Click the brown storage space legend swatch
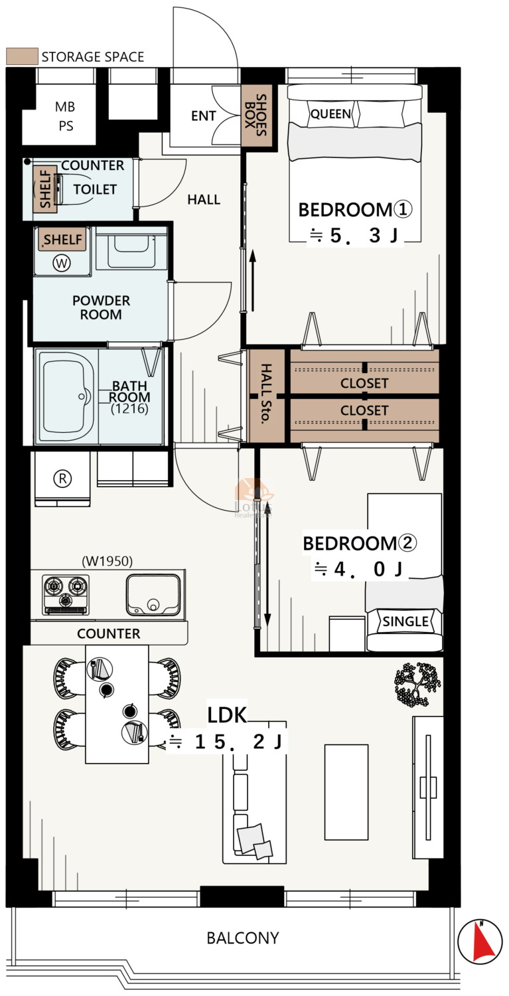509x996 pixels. click(x=22, y=56)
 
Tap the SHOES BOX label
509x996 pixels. click(x=256, y=115)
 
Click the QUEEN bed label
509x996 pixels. click(x=330, y=114)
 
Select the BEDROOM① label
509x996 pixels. click(x=355, y=209)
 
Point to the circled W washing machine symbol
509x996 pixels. click(x=62, y=263)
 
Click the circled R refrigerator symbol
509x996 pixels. click(x=62, y=479)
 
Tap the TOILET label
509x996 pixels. click(x=95, y=189)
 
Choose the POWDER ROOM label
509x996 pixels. click(x=101, y=307)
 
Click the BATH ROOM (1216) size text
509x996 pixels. click(x=129, y=408)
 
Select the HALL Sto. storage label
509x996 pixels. click(x=265, y=394)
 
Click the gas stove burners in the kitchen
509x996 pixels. click(x=66, y=595)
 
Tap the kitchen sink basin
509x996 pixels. click(x=153, y=595)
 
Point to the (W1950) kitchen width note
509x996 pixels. click(x=107, y=561)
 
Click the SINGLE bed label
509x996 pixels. click(x=405, y=621)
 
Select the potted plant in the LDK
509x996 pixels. click(x=417, y=685)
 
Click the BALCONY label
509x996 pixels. click(x=243, y=938)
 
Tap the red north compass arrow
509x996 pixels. click(x=483, y=940)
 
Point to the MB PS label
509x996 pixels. click(x=65, y=116)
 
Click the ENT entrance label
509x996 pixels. click(x=203, y=116)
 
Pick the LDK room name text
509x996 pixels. click(x=227, y=714)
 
